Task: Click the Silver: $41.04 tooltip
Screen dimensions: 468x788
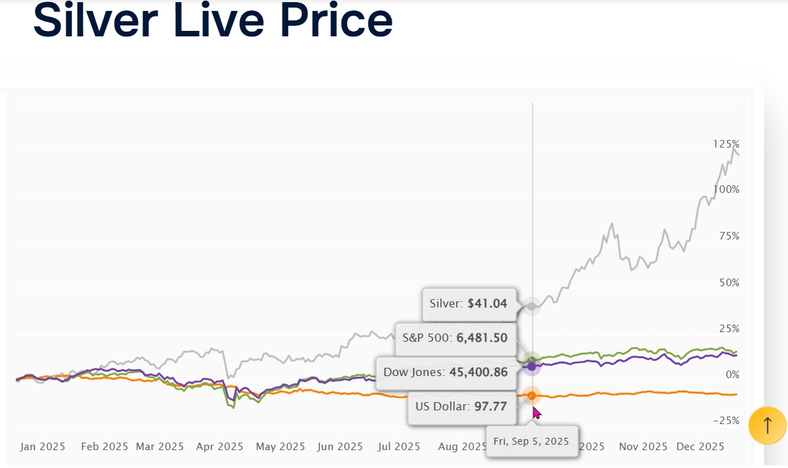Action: click(x=468, y=304)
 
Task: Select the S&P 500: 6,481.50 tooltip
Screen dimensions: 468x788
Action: click(x=455, y=338)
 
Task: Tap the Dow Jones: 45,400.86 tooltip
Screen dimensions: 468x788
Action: click(x=445, y=373)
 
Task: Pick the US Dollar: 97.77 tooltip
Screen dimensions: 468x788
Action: click(x=461, y=406)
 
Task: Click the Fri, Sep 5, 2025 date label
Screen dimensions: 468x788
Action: click(x=532, y=441)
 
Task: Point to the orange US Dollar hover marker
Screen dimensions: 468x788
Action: click(x=532, y=395)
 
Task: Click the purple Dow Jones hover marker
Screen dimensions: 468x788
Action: click(x=532, y=366)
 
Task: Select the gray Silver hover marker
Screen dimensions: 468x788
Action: click(x=532, y=305)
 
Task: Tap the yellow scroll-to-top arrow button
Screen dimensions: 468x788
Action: click(x=767, y=425)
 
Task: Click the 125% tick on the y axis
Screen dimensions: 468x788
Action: click(x=726, y=144)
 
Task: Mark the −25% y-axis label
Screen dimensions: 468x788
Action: click(x=726, y=420)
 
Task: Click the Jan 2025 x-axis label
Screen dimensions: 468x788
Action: click(x=43, y=446)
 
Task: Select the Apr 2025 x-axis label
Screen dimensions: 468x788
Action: click(x=219, y=446)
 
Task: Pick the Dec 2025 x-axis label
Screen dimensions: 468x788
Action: click(x=700, y=446)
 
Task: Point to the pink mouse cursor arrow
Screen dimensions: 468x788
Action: click(x=536, y=412)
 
